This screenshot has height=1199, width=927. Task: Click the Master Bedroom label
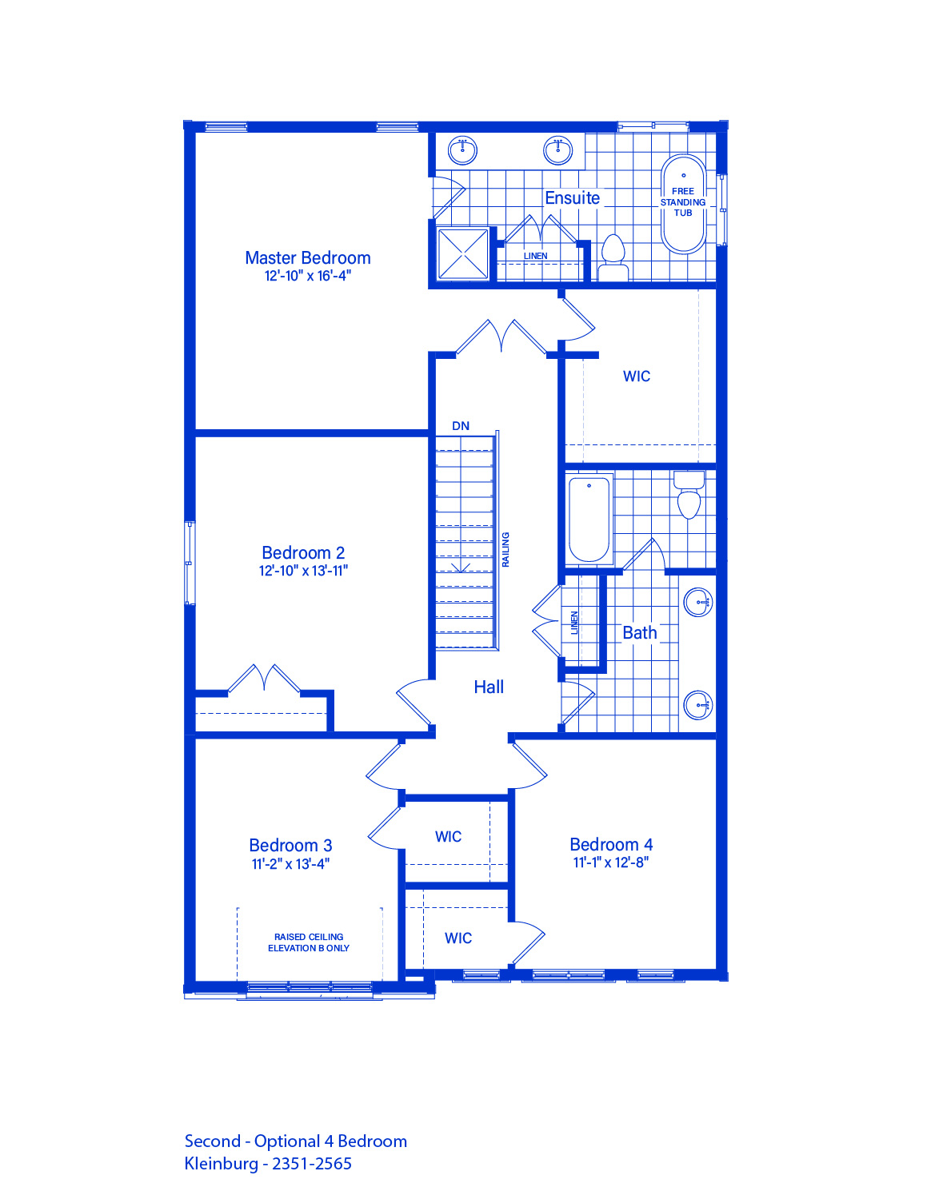[307, 257]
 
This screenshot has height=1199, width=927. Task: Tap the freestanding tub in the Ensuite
[683, 204]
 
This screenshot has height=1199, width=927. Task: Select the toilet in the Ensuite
[613, 258]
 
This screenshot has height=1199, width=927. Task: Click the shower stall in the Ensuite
[463, 254]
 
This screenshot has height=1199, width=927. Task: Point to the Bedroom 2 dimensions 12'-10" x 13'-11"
[304, 571]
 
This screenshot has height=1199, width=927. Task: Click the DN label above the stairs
[461, 426]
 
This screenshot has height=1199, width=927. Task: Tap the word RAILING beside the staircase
[505, 550]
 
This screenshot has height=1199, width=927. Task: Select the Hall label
[489, 687]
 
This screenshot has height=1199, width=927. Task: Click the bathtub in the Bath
[589, 520]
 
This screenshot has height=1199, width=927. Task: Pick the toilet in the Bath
[689, 495]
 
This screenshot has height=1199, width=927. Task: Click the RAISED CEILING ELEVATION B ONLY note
[309, 942]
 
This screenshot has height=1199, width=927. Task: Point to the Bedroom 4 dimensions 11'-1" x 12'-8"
[610, 862]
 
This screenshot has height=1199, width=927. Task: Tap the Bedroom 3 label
[290, 846]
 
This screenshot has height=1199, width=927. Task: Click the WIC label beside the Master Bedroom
[637, 376]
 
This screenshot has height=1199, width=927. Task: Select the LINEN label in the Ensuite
[536, 256]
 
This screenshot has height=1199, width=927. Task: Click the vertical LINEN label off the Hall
[574, 623]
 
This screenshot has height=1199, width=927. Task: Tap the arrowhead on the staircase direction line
[461, 568]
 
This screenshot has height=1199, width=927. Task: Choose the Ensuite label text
[572, 197]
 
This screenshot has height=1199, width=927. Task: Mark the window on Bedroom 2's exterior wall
[189, 564]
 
